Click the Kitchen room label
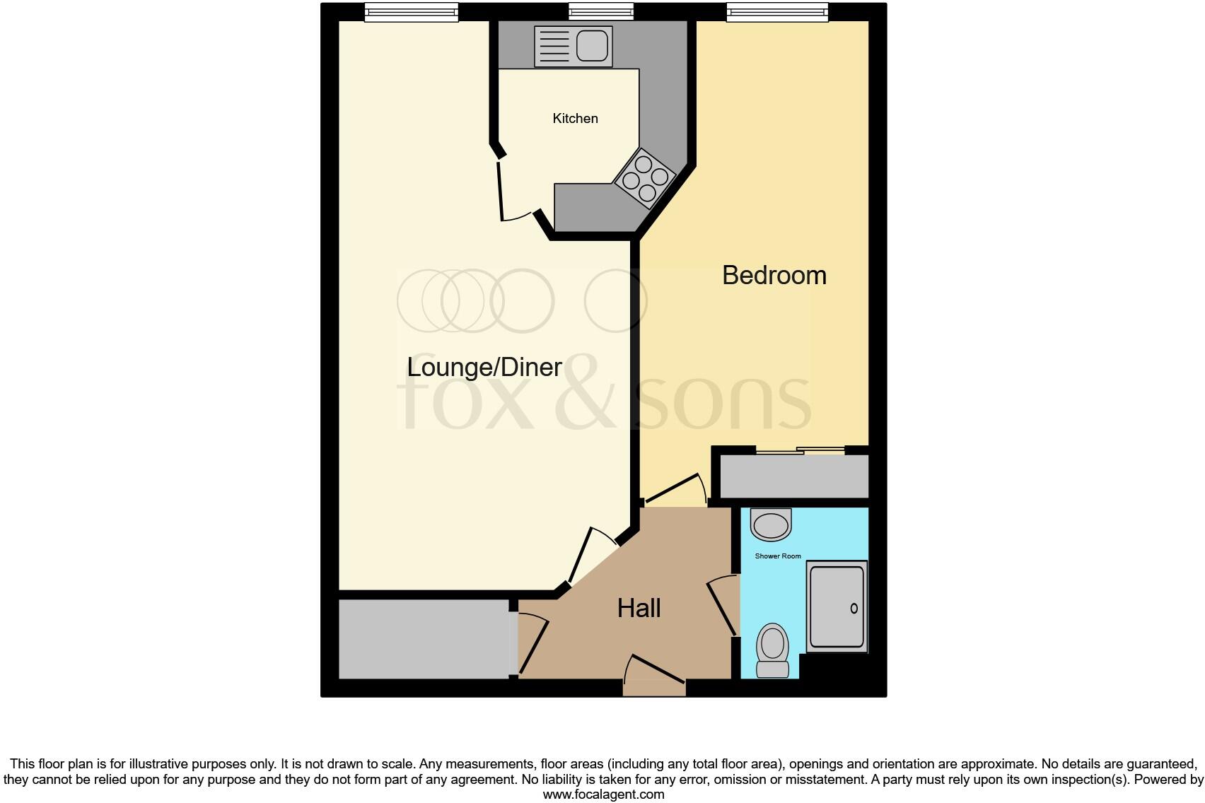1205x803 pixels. click(x=575, y=119)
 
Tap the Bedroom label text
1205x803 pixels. click(x=774, y=275)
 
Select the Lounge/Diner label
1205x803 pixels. click(x=484, y=367)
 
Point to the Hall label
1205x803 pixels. click(x=639, y=608)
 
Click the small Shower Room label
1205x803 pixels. click(x=778, y=556)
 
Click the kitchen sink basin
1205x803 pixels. click(x=592, y=47)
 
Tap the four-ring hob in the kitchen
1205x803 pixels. click(x=644, y=178)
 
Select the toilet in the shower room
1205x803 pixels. click(x=772, y=650)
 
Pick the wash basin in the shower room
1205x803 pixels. click(x=771, y=525)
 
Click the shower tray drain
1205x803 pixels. click(x=854, y=609)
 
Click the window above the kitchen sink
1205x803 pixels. click(x=601, y=11)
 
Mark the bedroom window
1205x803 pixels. click(x=776, y=12)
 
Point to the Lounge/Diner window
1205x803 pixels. click(x=411, y=12)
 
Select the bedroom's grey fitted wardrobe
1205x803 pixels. click(x=793, y=476)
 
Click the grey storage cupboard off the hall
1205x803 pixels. click(x=424, y=639)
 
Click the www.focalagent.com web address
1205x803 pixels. click(x=603, y=795)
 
